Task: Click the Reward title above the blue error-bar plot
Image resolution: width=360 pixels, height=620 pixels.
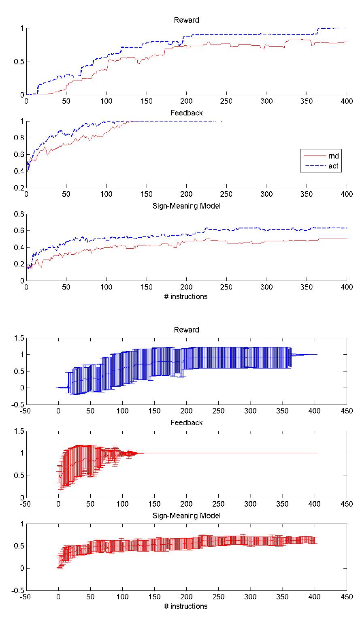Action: click(x=186, y=330)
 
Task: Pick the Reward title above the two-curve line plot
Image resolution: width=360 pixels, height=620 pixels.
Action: click(x=186, y=20)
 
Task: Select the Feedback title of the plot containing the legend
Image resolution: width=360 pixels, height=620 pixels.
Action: click(x=186, y=113)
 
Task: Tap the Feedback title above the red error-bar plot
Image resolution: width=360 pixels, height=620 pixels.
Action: click(x=186, y=423)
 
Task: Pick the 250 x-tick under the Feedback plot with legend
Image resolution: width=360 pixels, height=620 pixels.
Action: click(x=226, y=194)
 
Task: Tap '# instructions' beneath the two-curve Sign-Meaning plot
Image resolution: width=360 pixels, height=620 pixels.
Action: click(x=186, y=296)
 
